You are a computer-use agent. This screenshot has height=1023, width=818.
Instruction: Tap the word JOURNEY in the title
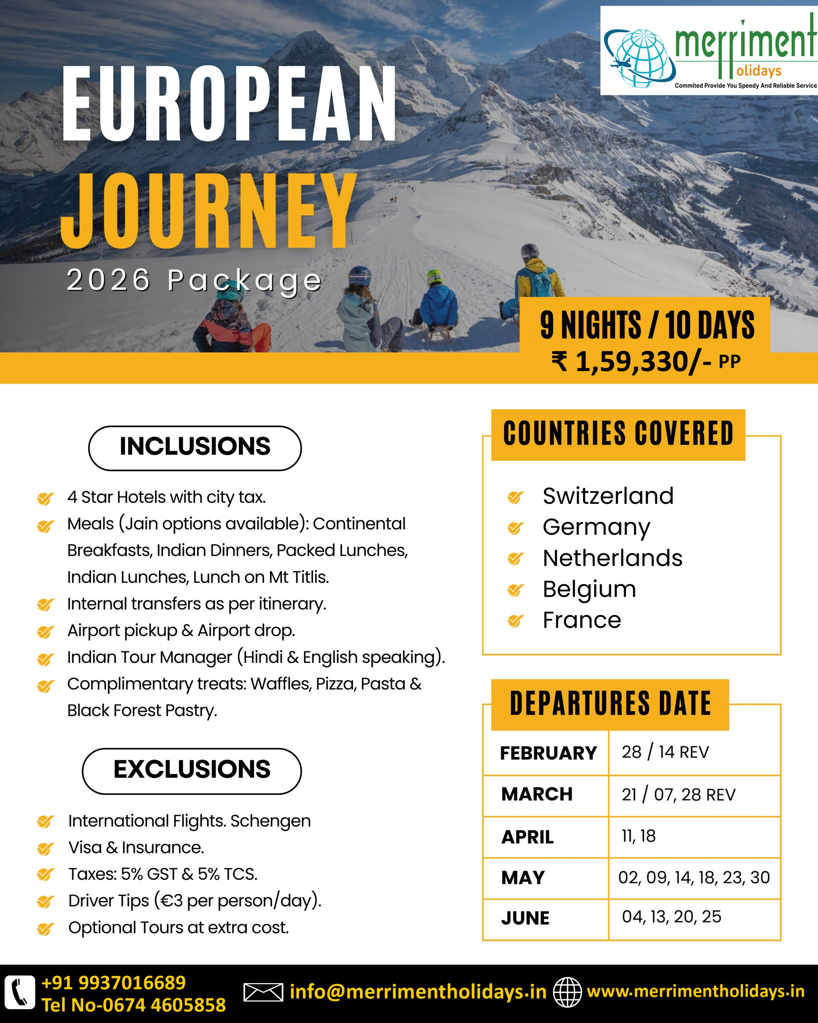click(x=208, y=211)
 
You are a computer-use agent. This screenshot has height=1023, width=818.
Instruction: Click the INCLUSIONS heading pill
click(x=195, y=447)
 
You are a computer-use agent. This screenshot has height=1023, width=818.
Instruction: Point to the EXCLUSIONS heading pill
click(x=192, y=770)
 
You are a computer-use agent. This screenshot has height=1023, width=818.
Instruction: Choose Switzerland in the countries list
click(x=608, y=496)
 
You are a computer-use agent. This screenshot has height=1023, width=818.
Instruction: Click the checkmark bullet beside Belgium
click(x=515, y=590)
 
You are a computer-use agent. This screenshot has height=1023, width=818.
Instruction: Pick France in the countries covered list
click(x=582, y=620)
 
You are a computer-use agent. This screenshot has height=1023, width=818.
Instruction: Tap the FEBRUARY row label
click(x=548, y=753)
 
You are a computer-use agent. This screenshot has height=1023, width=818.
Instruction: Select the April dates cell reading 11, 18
click(x=639, y=836)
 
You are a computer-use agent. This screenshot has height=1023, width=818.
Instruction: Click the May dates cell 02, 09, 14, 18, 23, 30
click(x=694, y=877)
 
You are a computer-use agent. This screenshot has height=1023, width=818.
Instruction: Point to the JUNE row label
click(x=525, y=918)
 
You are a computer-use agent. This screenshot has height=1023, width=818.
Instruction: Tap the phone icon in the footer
click(x=20, y=992)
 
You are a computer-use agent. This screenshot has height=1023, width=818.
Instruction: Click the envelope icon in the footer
click(x=263, y=992)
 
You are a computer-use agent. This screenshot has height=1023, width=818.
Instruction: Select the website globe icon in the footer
click(x=567, y=992)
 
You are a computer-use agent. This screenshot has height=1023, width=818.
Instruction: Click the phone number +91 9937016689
click(x=114, y=983)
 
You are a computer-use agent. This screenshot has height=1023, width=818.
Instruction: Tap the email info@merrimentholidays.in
click(x=418, y=992)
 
